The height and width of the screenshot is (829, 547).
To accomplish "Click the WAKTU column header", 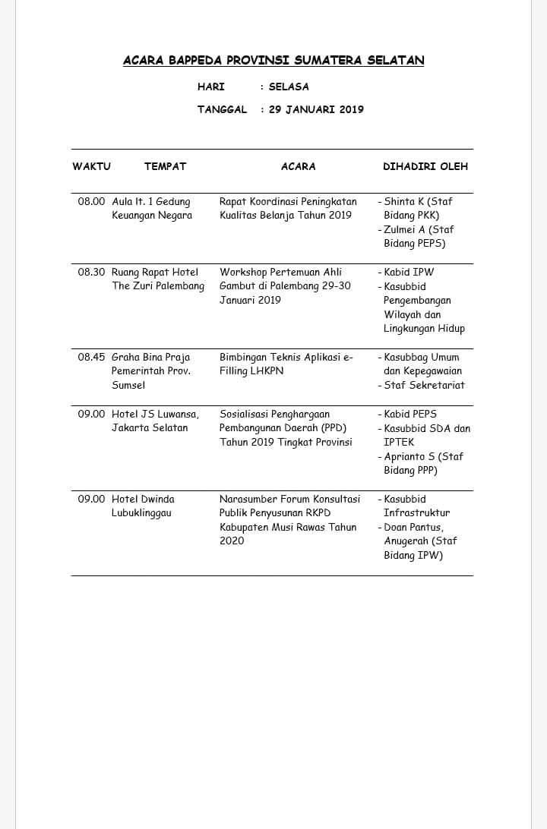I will coord(91,166).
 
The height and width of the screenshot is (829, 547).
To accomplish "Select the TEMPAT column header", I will coord(165,166).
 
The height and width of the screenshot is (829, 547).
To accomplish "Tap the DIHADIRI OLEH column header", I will coord(425,166).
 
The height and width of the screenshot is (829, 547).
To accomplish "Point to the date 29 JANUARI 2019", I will coord(316,109).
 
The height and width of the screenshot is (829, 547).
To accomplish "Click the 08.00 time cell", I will coord(91,202).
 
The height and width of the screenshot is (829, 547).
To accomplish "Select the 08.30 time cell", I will coord(91,273).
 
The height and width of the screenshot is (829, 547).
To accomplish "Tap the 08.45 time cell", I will coord(91,358).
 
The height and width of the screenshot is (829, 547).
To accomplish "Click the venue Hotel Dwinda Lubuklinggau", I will coord(144,506).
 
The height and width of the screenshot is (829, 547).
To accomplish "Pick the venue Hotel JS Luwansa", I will coord(155,414).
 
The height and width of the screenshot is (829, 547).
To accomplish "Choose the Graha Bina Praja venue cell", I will coord(150,371).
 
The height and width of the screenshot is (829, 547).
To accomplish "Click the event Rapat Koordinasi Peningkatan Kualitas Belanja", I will coord(287,209).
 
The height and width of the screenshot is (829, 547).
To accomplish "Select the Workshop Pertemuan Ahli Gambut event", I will coord(285,286).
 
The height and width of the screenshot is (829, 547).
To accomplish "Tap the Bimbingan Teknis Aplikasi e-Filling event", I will coord(286,364).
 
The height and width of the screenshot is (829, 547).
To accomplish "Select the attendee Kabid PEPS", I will coord(410,414).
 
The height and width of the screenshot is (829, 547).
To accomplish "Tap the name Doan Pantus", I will coord(413,528).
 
